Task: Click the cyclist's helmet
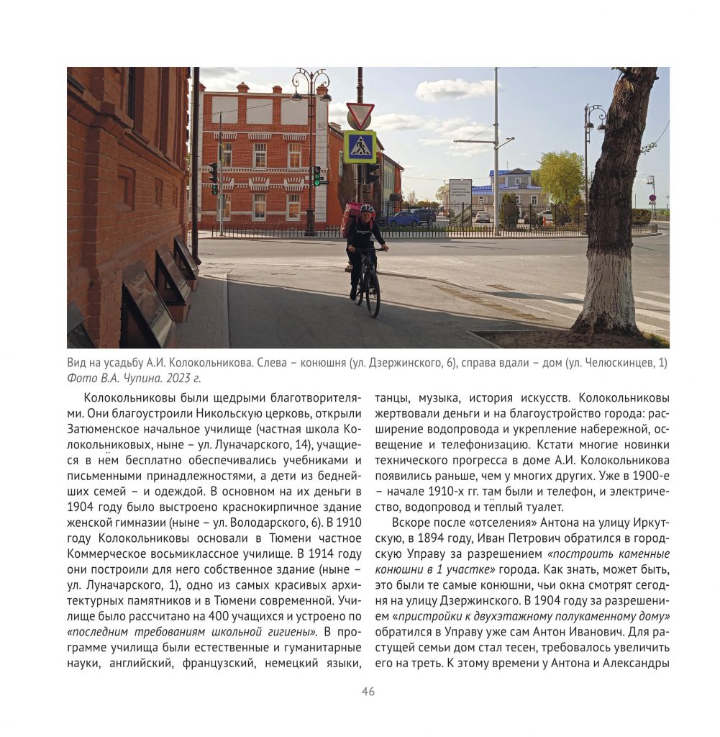coord(367,209)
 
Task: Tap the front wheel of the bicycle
coord(373,295)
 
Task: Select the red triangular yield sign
coord(360,114)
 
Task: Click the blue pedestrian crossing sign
coord(360,147)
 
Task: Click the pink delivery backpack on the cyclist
coord(351,217)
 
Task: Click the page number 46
coord(368,692)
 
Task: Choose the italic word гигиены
coord(295,631)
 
